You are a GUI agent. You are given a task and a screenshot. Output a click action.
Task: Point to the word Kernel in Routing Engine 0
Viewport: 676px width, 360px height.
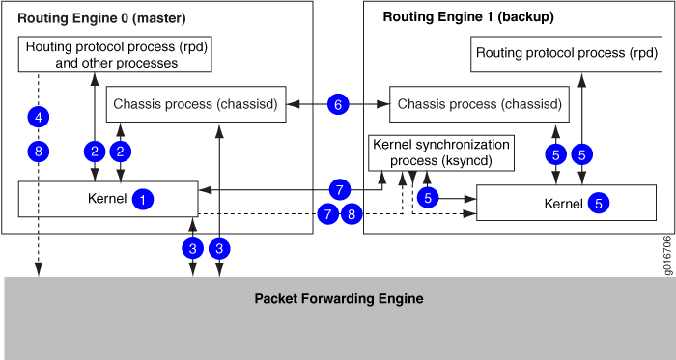(102, 199)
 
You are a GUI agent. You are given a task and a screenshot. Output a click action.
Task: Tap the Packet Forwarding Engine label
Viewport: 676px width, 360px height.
(338, 299)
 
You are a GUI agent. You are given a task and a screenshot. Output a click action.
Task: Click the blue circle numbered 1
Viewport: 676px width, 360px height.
(143, 200)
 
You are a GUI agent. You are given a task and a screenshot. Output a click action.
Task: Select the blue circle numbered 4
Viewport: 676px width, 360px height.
(39, 118)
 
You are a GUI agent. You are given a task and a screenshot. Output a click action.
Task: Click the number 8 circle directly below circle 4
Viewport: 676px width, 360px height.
(39, 151)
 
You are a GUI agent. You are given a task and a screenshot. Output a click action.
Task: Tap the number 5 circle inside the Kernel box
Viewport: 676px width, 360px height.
(599, 203)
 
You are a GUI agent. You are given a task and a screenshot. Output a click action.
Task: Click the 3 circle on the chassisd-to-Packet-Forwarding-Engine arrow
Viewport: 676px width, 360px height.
(221, 247)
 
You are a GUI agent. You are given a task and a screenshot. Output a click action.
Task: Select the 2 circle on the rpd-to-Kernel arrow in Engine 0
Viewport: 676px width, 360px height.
(94, 151)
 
